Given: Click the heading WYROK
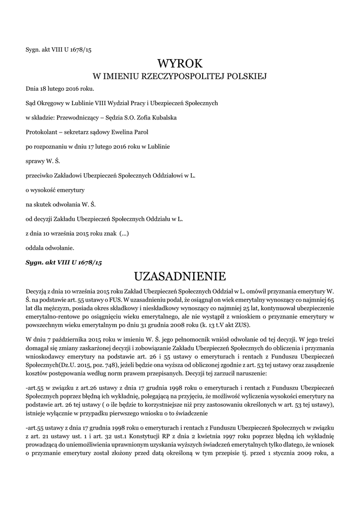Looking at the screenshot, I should coord(180,63).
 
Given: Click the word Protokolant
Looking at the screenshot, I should coord(43,132).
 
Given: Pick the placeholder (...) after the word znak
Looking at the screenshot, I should coord(124,233).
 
